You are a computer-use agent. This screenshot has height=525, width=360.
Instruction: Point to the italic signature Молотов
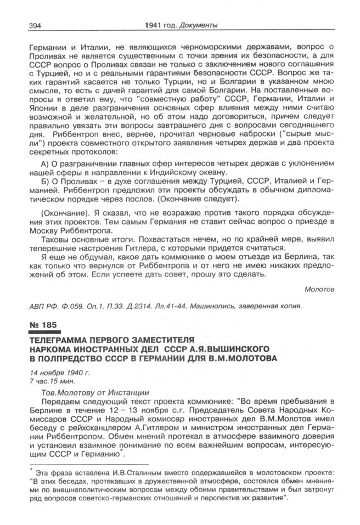[x=318, y=288]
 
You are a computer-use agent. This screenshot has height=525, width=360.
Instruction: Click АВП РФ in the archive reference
[x=40, y=305]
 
